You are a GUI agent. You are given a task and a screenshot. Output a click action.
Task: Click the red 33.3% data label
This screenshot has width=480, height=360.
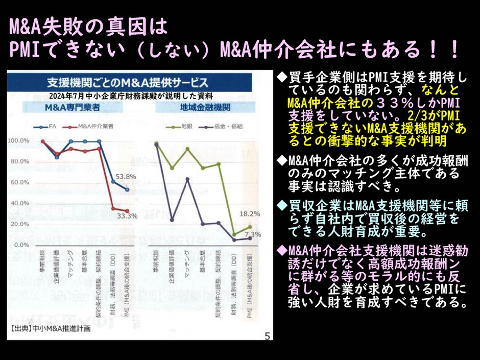point(127,216)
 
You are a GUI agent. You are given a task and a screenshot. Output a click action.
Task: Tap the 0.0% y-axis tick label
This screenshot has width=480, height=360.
point(21,245)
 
